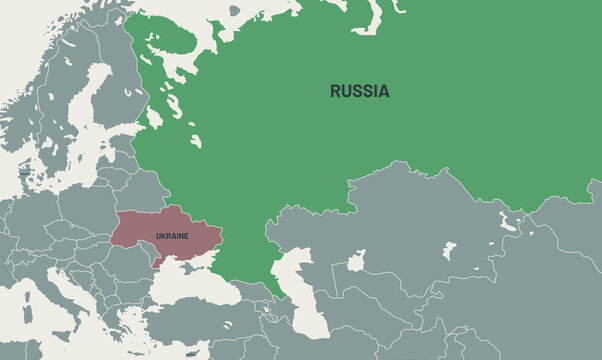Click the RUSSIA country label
tap(360, 91)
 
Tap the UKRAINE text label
tap(171, 236)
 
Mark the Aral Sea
tap(356, 262)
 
